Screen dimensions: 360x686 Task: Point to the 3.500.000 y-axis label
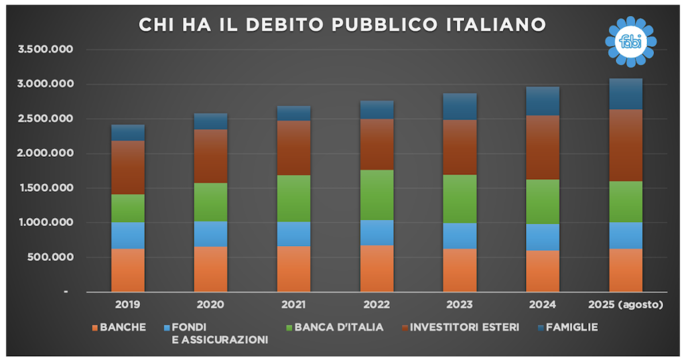48,50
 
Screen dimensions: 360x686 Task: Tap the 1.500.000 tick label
48,188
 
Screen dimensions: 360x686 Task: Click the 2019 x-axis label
127,305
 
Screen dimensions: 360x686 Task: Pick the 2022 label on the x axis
377,305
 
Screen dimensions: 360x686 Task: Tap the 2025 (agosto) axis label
625,305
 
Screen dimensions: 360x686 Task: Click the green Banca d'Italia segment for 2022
377,194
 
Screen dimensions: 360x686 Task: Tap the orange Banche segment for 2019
127,270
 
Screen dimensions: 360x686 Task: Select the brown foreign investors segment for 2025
625,145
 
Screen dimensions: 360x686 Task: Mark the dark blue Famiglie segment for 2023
460,107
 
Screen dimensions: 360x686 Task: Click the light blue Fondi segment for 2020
210,234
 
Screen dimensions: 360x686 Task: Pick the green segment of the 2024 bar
543,201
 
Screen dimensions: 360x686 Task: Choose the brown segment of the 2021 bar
293,147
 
